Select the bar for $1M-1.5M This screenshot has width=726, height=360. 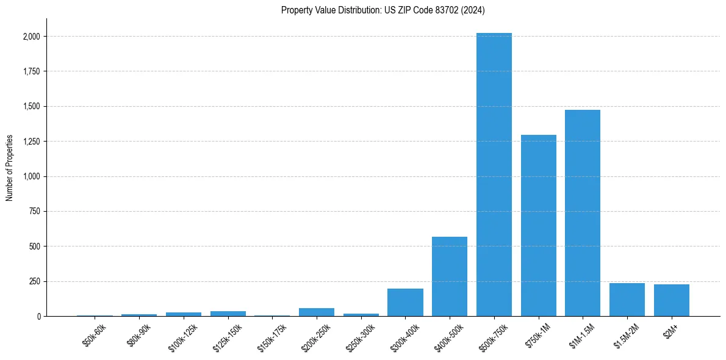[x=583, y=213]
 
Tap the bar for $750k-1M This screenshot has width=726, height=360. [x=538, y=225]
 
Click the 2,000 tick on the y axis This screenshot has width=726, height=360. [x=32, y=37]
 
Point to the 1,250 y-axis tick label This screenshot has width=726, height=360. [x=32, y=142]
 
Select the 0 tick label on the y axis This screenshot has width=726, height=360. [x=38, y=317]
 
